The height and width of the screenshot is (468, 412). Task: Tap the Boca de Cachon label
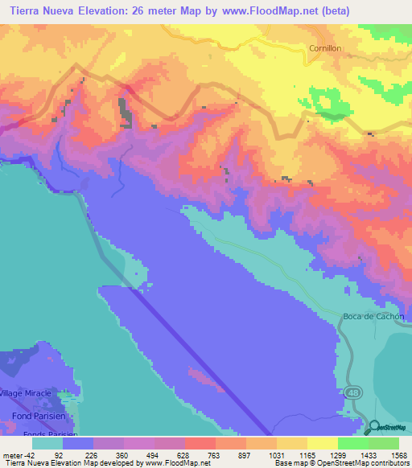pyautogui.click(x=373, y=315)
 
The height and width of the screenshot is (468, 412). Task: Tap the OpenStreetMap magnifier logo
pyautogui.click(x=374, y=427)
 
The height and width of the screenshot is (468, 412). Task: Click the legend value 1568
pyautogui.click(x=398, y=454)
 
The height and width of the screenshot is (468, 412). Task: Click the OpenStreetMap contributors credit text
pyautogui.click(x=357, y=463)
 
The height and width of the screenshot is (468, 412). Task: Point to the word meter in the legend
pyautogui.click(x=11, y=454)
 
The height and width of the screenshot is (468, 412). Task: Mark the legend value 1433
pyautogui.click(x=368, y=454)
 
